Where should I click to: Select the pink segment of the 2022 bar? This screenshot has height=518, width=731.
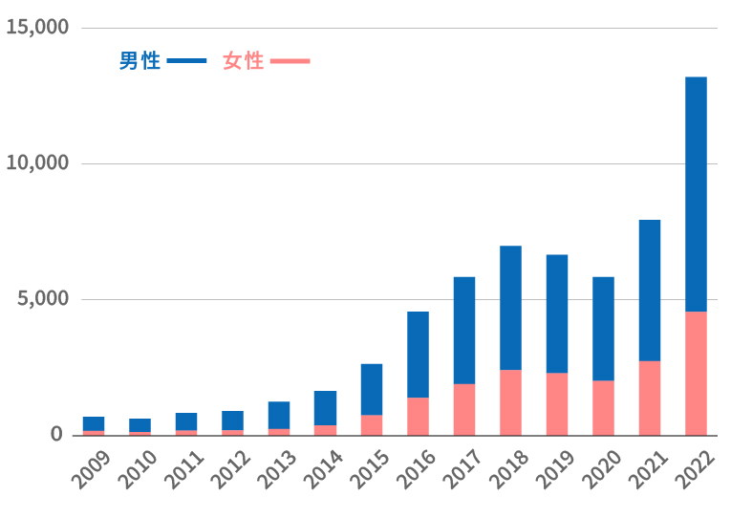point(696,373)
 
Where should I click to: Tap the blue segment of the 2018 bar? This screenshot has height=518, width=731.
point(510,308)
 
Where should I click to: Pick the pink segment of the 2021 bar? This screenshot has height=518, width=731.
point(650,398)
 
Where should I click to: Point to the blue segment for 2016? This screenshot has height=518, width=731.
point(418,354)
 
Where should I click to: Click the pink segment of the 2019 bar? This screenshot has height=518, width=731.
point(557,403)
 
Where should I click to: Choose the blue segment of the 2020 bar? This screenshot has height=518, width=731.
point(603,329)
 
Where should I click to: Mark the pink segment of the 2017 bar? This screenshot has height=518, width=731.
point(464,409)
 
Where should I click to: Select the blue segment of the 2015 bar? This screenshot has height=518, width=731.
point(372,389)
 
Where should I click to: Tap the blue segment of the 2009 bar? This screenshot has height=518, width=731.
point(94,423)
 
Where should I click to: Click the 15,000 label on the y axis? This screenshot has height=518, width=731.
point(37,27)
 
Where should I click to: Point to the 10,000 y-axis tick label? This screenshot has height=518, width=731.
point(37,163)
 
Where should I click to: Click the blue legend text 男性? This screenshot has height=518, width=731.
point(140,61)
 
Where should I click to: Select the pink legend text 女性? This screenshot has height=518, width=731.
point(243,61)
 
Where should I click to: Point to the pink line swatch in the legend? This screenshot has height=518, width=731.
point(290,61)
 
